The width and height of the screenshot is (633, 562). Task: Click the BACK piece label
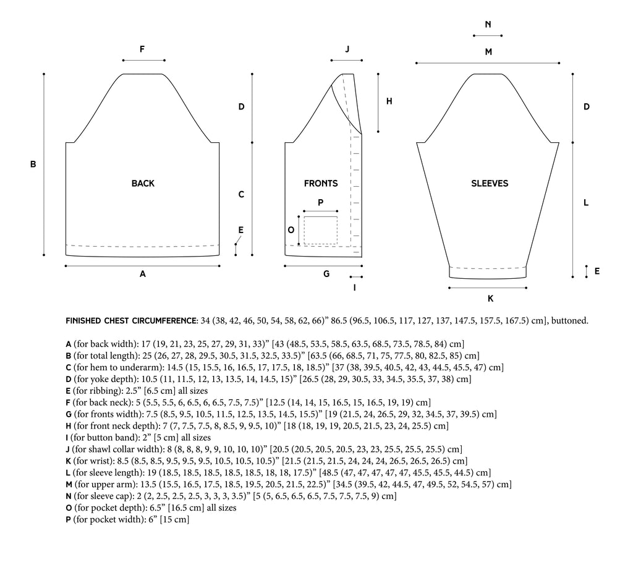[x=143, y=184]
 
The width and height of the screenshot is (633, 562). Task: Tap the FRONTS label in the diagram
[x=321, y=184]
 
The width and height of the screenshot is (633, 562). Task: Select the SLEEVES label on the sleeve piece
[x=490, y=184]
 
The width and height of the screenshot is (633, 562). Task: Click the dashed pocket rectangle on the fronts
[x=320, y=230]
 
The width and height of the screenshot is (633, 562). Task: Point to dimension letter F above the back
[x=142, y=49]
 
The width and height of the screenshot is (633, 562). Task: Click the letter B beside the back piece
[x=33, y=164]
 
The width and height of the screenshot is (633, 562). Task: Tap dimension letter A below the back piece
[x=142, y=274]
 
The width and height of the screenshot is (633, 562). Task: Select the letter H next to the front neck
[x=389, y=101]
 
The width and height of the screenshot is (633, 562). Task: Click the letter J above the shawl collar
[x=347, y=49]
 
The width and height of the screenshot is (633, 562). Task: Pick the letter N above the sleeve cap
[x=488, y=25]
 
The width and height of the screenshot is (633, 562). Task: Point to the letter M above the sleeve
[x=488, y=52]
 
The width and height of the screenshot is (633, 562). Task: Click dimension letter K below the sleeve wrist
[x=490, y=299]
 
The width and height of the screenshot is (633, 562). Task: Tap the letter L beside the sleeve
[x=586, y=203]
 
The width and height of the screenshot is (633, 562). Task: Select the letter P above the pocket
[x=320, y=202]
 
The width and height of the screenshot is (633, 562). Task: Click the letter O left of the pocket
[x=291, y=229]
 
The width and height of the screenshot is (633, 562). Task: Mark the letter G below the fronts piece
[x=326, y=274]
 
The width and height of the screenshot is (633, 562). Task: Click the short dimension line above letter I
[x=355, y=277]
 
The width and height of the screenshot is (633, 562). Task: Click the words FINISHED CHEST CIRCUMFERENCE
[x=132, y=321]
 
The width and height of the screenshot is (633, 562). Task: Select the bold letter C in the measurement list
[x=67, y=367]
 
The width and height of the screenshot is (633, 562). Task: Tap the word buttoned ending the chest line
[x=569, y=321]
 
